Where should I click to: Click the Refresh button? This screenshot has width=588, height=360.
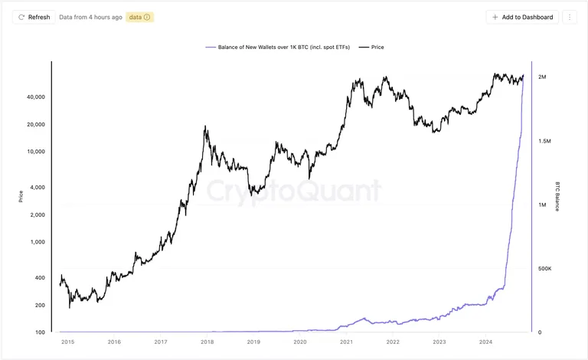[34, 18]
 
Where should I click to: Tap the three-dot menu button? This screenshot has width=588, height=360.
[570, 18]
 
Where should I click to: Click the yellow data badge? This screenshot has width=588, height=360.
[139, 18]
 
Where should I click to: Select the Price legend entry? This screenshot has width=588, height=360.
[371, 47]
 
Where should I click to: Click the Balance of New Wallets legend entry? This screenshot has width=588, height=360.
[277, 47]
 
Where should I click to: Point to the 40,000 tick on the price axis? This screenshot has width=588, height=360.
[36, 97]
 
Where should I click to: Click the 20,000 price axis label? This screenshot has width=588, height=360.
[36, 125]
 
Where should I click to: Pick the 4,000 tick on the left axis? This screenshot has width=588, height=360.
[38, 187]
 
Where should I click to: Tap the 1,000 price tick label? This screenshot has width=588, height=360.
[38, 242]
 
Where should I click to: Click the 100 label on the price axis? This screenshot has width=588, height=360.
[40, 332]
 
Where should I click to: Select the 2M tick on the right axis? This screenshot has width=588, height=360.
[542, 77]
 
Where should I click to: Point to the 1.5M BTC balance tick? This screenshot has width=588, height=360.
[544, 141]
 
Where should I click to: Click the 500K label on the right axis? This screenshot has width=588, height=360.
[545, 269]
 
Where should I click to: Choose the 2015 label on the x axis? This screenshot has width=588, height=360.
[68, 342]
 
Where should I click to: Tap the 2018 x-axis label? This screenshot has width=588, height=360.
[207, 342]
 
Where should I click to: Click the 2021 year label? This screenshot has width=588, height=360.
[347, 342]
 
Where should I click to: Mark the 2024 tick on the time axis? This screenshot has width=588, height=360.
[485, 342]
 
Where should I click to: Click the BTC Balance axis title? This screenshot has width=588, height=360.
[557, 197]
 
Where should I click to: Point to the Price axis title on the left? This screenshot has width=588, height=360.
[21, 197]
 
